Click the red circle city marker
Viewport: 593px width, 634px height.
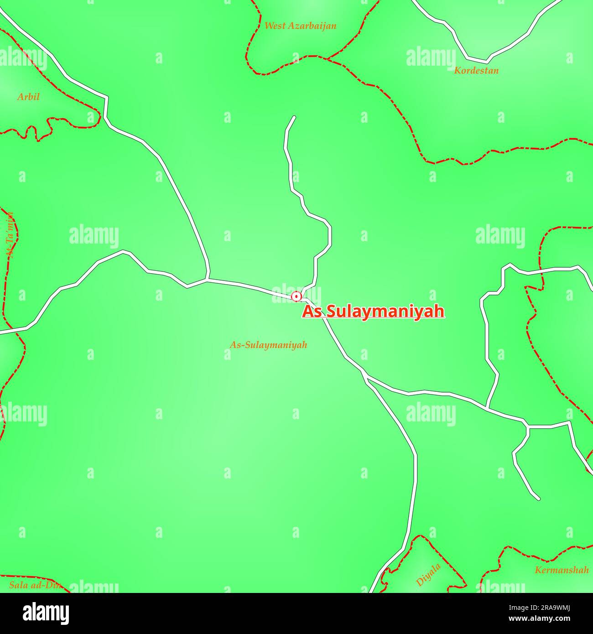pyautogui.click(x=296, y=296)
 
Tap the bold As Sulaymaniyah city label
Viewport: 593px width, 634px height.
pyautogui.click(x=373, y=312)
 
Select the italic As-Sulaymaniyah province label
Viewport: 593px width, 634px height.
pyautogui.click(x=268, y=345)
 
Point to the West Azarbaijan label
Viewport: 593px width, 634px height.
pyautogui.click(x=300, y=26)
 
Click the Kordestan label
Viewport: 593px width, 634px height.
pyautogui.click(x=476, y=70)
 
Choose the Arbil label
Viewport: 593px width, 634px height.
pyautogui.click(x=28, y=97)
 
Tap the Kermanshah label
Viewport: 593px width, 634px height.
pyautogui.click(x=562, y=570)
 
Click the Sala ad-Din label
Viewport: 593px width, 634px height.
pyautogui.click(x=36, y=585)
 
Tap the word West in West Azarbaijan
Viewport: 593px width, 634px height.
pyautogui.click(x=275, y=26)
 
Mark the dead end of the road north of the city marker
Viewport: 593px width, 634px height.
pyautogui.click(x=294, y=117)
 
